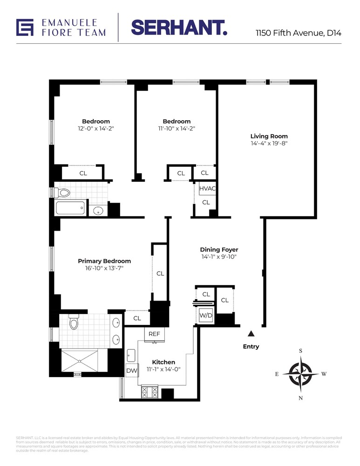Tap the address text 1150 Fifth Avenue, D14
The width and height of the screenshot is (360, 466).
click(298, 34)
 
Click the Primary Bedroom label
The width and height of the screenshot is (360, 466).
click(104, 261)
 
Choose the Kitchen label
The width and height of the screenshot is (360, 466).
click(163, 362)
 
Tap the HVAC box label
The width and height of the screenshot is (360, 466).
click(206, 189)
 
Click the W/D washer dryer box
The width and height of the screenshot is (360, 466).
click(206, 316)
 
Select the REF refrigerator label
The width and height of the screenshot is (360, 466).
click(154, 334)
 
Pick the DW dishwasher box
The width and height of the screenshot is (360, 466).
click(131, 371)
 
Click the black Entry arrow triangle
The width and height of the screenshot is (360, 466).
click(251, 333)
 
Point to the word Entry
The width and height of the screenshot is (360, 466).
click(251, 346)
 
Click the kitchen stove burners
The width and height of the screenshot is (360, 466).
click(150, 392)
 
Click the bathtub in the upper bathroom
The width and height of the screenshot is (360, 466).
click(71, 207)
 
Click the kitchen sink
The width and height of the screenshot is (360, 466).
click(131, 356)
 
